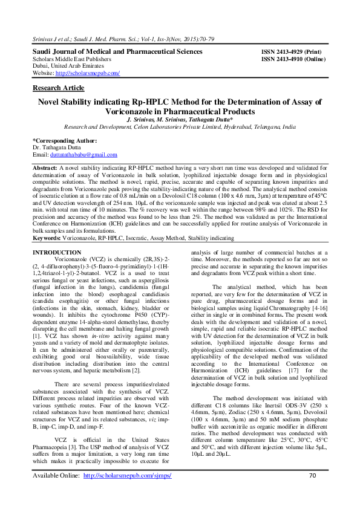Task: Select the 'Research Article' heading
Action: pyautogui.click(x=57, y=88)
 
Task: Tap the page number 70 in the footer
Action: pyautogui.click(x=312, y=493)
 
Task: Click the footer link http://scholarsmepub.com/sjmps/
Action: pyautogui.click(x=127, y=493)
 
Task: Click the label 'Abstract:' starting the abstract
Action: pyautogui.click(x=45, y=167)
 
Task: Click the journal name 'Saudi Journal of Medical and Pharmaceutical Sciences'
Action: pyautogui.click(x=117, y=52)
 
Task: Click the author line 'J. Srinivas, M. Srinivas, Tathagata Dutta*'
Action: pyautogui.click(x=180, y=120)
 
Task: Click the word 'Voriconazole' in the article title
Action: pyautogui.click(x=146, y=112)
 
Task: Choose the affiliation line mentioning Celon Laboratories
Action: pyautogui.click(x=180, y=128)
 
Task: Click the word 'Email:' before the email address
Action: pyautogui.click(x=41, y=155)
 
